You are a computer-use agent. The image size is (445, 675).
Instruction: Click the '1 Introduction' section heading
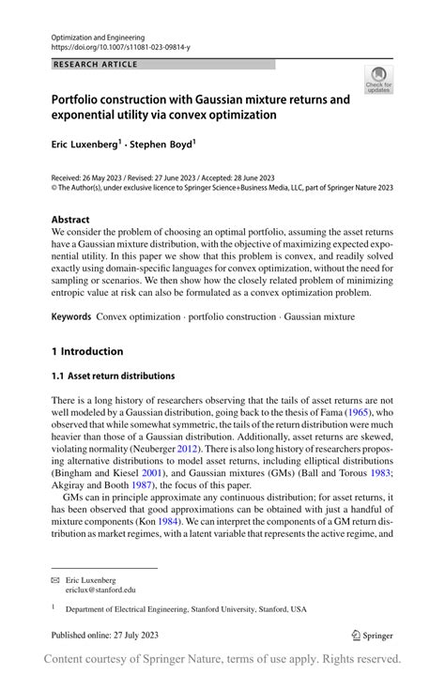[x=87, y=351]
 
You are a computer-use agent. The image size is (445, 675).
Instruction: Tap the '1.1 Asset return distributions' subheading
[x=113, y=376]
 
